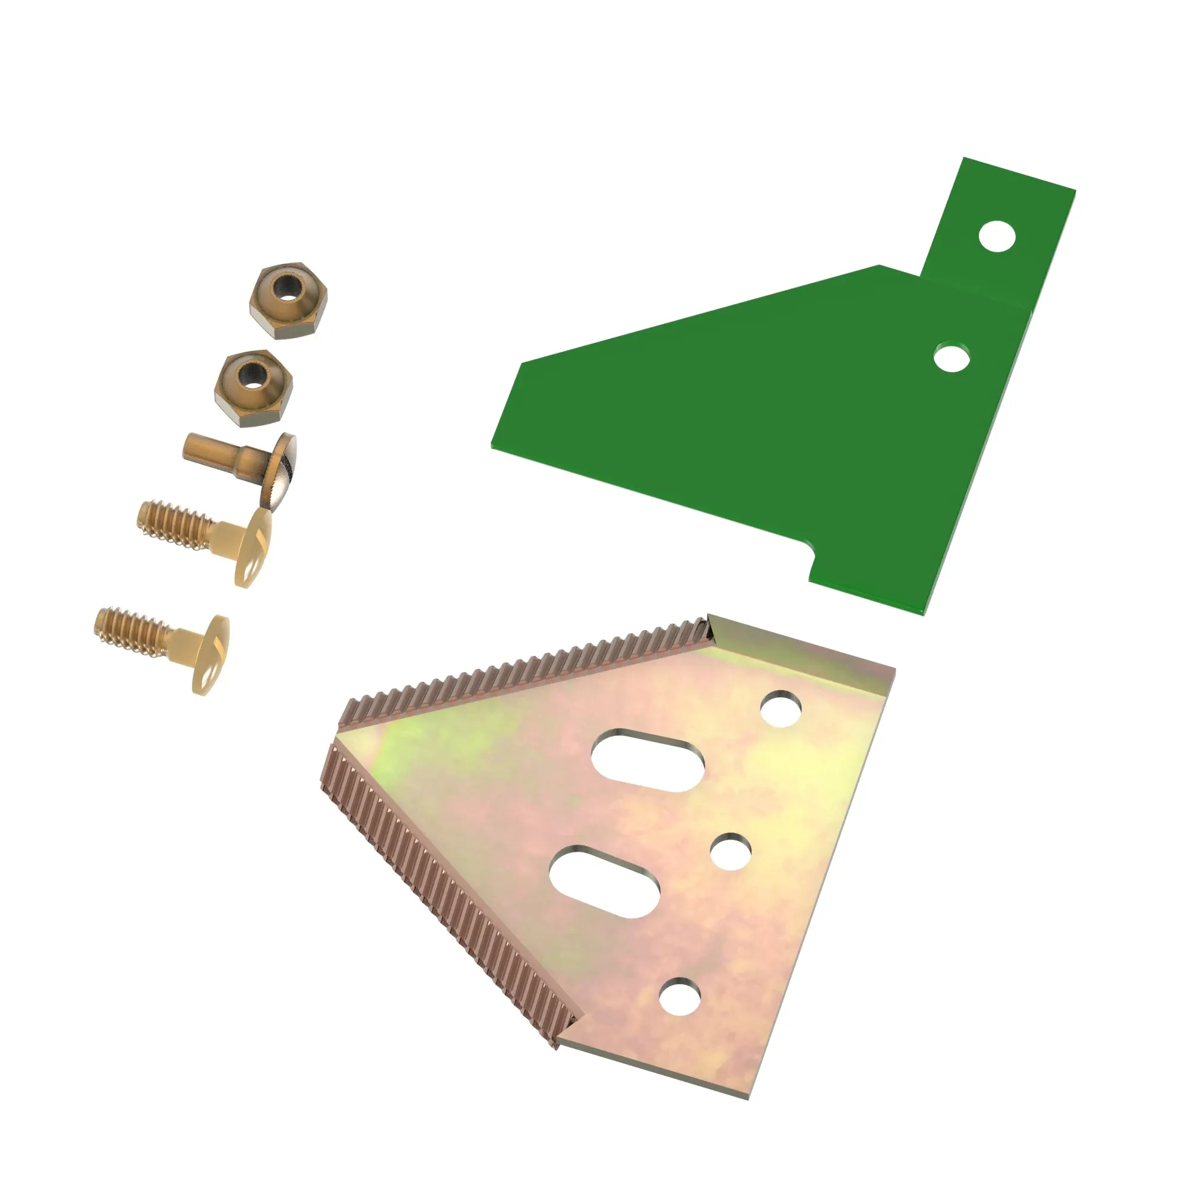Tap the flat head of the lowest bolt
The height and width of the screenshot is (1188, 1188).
pyautogui.click(x=211, y=655)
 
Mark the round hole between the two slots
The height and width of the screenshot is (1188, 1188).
pyautogui.click(x=731, y=852)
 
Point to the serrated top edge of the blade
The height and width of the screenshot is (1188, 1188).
pyautogui.click(x=523, y=670)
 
